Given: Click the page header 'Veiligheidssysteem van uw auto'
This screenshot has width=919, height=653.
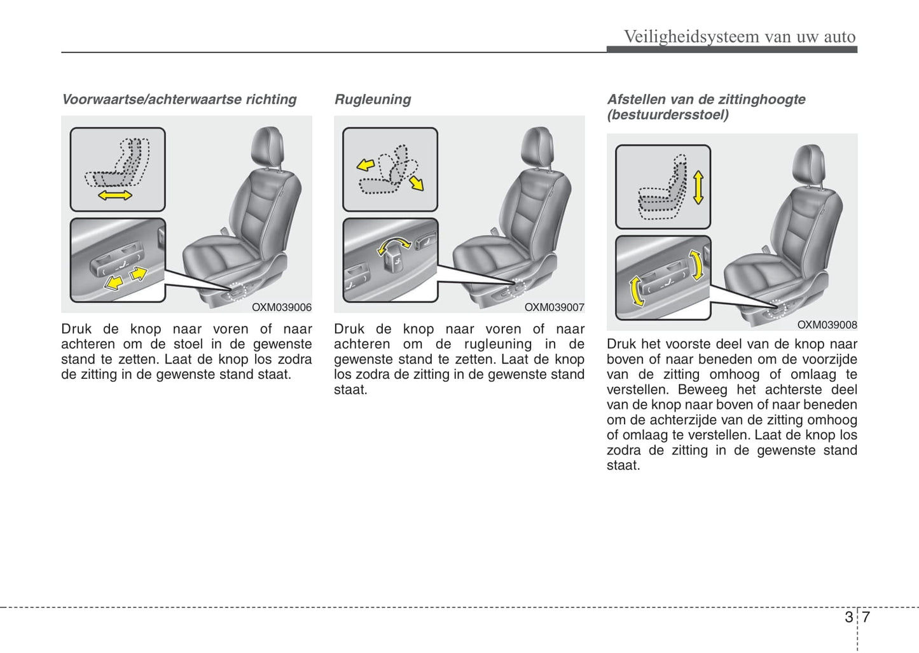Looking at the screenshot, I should [x=739, y=36].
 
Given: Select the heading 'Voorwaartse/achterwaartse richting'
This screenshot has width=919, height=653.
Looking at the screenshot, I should [x=179, y=99].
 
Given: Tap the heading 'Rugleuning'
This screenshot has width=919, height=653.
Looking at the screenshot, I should [x=373, y=99].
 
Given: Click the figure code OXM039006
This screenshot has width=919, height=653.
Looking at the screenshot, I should [x=282, y=307].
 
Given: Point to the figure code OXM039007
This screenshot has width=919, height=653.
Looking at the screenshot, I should [x=554, y=307].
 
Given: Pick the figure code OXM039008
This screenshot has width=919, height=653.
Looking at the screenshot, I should [x=827, y=325].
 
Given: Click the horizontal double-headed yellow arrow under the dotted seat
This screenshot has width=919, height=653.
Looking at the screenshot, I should [x=115, y=195].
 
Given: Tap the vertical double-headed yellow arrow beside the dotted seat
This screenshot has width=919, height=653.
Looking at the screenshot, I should [x=698, y=187].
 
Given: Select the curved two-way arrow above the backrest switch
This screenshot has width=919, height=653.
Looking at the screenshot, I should [x=394, y=244].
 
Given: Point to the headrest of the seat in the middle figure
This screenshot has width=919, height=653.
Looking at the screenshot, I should [x=538, y=146].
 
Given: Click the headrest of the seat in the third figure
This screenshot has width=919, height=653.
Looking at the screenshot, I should [x=809, y=163].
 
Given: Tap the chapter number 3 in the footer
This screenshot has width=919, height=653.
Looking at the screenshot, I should [x=848, y=617].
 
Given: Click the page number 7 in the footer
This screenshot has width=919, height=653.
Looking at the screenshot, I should [x=866, y=617].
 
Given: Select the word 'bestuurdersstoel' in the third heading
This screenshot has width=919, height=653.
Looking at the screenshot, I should [x=667, y=115].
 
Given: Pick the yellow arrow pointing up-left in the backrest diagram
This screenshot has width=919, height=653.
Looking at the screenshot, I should [x=365, y=165].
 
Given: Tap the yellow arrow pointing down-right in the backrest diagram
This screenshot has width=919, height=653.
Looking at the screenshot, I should [x=417, y=183].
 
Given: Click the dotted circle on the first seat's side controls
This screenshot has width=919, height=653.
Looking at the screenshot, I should [x=237, y=291].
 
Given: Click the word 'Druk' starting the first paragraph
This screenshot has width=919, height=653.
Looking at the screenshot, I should [x=76, y=329].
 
